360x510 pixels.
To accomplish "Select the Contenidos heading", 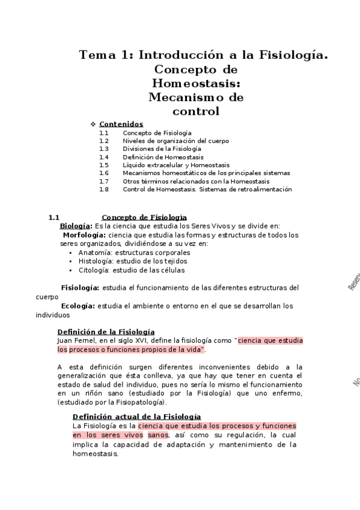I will click(121, 124).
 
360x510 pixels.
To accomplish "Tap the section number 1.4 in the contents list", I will click(104, 156).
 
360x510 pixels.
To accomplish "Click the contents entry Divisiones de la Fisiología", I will click(162, 149).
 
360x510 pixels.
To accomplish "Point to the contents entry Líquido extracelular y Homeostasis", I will click(175, 165).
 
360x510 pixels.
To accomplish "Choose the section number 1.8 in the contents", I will click(104, 189).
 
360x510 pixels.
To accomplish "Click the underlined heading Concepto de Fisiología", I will click(144, 217).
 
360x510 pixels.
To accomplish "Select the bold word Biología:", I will click(75, 226).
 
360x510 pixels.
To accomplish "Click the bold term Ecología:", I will click(78, 306).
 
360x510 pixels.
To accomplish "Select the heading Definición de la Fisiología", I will click(106, 331).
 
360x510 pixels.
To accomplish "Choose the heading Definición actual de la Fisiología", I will click(136, 417).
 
